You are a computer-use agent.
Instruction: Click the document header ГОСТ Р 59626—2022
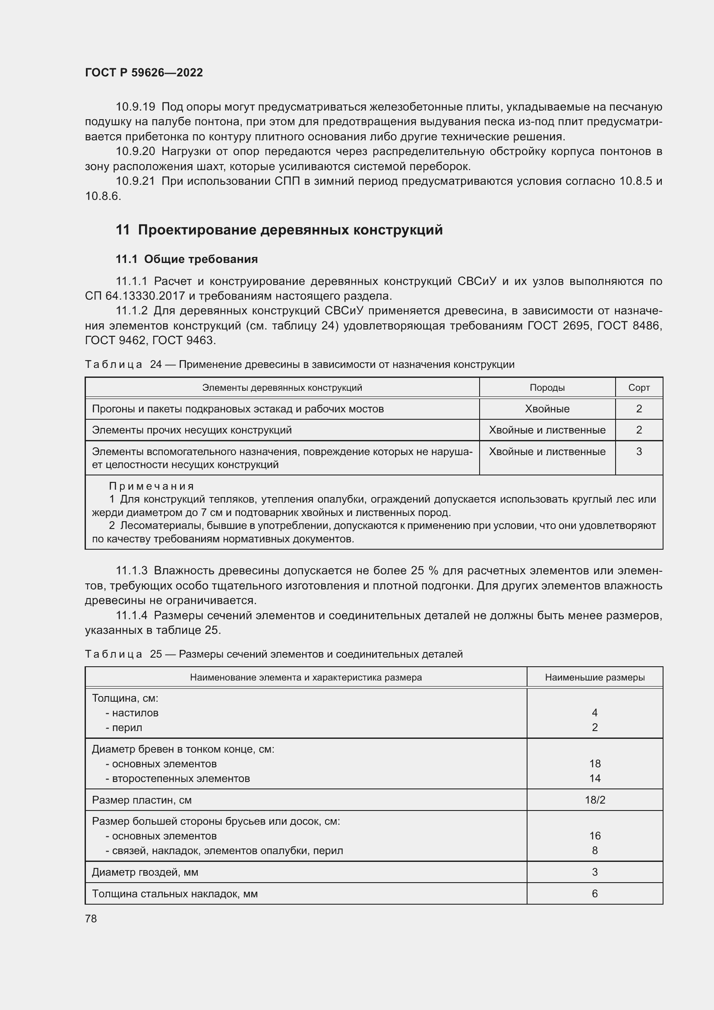coord(144,73)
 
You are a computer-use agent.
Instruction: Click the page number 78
coord(91,918)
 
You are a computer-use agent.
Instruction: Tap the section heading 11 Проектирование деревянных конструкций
coord(279,230)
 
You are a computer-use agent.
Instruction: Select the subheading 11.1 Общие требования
coord(187,259)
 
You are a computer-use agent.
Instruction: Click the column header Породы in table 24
coord(547,387)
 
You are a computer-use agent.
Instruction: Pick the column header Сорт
coord(639,387)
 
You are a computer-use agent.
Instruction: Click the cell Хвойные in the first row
coord(547,408)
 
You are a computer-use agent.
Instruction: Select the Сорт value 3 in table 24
coord(639,451)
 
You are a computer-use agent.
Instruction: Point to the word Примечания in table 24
coord(151,486)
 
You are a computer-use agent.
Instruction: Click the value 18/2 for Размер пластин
coord(594,800)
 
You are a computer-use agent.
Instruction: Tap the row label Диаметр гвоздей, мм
coord(145,872)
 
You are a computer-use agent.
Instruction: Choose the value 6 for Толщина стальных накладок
coord(594,893)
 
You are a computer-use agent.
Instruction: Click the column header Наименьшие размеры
coord(594,678)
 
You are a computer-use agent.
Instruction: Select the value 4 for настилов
coord(594,712)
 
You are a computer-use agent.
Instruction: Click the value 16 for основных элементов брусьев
coord(594,836)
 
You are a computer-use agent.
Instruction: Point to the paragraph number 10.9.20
coord(136,151)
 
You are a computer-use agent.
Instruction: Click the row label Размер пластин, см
coord(142,800)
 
